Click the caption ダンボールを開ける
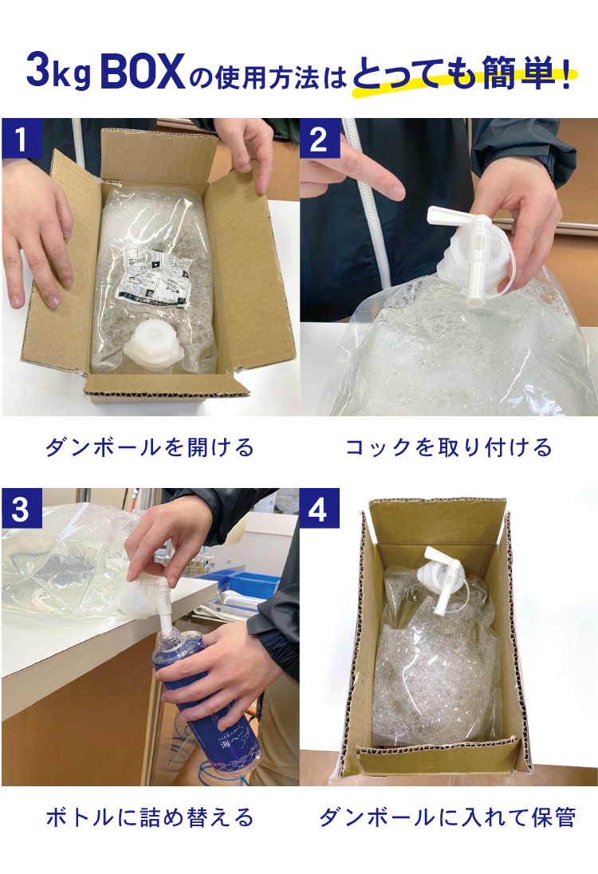150,447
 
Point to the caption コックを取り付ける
448,447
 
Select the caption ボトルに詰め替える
150,817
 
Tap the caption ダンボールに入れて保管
447,817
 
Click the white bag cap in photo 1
151,345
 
